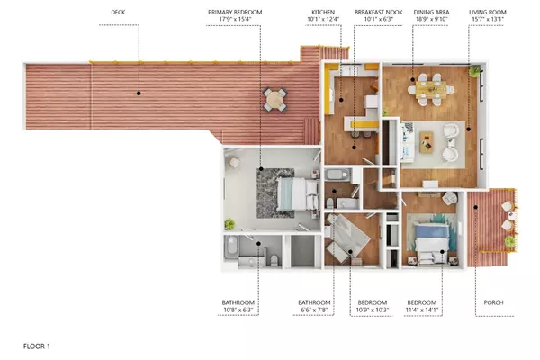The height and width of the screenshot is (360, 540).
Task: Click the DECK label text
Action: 118,12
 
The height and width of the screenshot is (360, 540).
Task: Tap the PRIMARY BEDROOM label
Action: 235,12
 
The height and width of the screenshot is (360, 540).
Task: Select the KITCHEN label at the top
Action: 323,12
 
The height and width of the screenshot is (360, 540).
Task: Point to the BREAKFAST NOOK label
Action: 379,12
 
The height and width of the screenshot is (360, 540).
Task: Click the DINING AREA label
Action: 431,12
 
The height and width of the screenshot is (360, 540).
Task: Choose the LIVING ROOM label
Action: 488,12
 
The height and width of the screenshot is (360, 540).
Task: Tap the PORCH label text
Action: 493,302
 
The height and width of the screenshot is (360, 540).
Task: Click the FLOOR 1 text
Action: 37,346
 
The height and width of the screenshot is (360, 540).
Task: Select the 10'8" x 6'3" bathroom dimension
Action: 238,310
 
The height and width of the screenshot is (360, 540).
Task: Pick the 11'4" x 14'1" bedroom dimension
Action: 422,310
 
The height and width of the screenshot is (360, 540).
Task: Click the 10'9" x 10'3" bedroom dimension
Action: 373,310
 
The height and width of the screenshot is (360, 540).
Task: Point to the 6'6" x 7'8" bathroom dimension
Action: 314,310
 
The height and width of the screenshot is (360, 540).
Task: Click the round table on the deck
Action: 274,100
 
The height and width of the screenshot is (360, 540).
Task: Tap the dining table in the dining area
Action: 431,89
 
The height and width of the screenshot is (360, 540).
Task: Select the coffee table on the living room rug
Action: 427,142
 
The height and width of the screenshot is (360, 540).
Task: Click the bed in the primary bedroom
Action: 298,193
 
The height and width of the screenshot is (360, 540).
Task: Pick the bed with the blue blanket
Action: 432,243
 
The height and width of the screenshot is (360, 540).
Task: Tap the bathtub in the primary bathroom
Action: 231,247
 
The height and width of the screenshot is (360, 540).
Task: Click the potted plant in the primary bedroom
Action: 229,224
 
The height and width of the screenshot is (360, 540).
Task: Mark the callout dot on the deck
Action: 139,94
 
